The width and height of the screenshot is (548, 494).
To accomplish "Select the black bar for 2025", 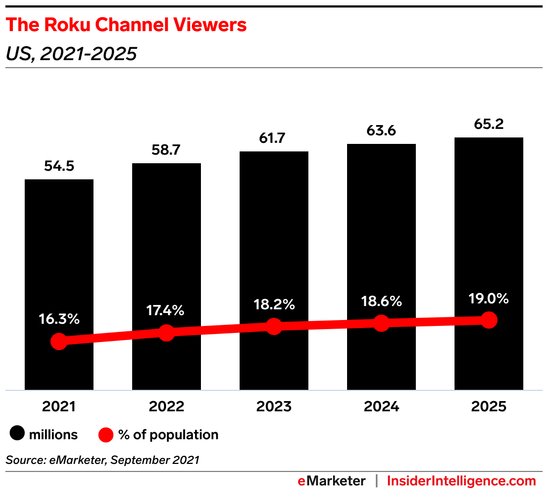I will coord(488,226).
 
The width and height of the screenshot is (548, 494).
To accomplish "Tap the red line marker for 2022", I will coord(167,332).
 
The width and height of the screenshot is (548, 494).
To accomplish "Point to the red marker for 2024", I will coord(381,323).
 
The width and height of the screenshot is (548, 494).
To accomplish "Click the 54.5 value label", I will coord(59,166).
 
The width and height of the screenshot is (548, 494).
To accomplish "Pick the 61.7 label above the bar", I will coord(274,139).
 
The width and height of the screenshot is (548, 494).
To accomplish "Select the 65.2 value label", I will coord(488,125).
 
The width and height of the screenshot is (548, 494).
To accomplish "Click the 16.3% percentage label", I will coord(59,318).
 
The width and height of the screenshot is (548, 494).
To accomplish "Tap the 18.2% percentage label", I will coord(274,304).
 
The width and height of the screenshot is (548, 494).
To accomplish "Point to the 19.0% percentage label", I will coord(488,299).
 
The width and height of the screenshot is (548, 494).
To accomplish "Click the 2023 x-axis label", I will coord(274,406).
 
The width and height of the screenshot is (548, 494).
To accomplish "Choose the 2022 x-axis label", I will coord(167,406).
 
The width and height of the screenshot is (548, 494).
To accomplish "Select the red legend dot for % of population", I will coord(106,434).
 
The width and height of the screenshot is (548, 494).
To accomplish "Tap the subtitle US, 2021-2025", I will coord(71,54).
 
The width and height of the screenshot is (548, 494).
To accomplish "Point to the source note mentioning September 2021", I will coord(102,460).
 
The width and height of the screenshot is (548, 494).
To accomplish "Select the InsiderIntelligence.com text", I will coord(462,481).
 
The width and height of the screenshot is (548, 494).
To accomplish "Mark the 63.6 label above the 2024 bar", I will coord(381,131).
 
